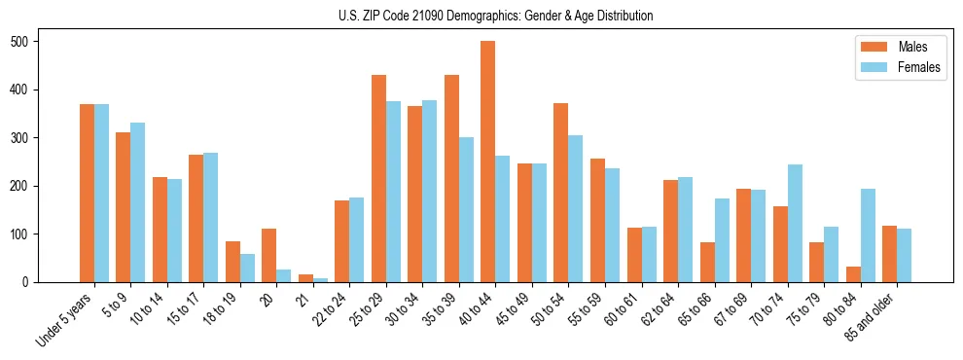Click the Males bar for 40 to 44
point(488,162)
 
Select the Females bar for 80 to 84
point(868,235)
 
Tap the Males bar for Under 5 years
point(87,193)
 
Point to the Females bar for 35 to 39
point(466,209)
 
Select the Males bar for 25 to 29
point(378,178)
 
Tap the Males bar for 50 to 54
point(561,193)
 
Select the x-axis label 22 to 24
point(328,308)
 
